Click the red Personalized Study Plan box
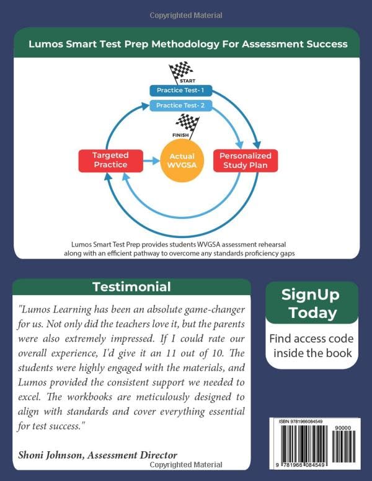[245, 160]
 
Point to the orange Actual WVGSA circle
[182, 161]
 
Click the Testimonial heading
[131, 287]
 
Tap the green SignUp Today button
[311, 303]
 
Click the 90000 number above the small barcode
[343, 427]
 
